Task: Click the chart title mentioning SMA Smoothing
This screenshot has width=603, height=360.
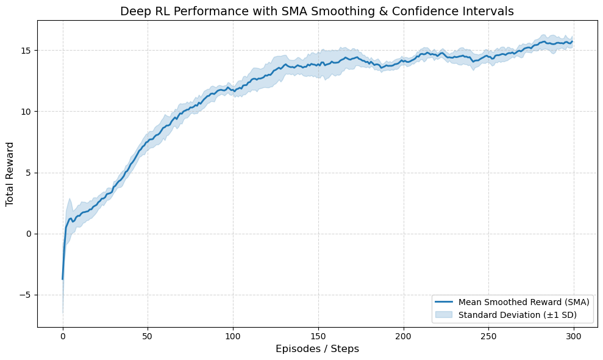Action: (x=317, y=11)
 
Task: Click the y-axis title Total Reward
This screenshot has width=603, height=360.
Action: (x=10, y=174)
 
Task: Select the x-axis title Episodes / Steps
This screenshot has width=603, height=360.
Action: (x=317, y=349)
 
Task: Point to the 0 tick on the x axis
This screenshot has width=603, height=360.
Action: (x=63, y=336)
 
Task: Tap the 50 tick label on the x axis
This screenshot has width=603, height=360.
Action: (x=148, y=336)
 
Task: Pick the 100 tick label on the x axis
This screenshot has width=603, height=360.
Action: (x=233, y=336)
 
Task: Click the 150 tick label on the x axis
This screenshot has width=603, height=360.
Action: (x=318, y=336)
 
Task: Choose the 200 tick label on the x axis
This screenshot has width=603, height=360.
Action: (x=403, y=336)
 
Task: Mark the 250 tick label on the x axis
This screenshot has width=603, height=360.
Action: (x=488, y=336)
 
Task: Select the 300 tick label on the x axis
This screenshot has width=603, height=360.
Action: (x=573, y=336)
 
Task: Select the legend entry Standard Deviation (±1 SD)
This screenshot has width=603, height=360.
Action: (x=518, y=315)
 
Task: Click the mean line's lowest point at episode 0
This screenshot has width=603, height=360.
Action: (x=63, y=279)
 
